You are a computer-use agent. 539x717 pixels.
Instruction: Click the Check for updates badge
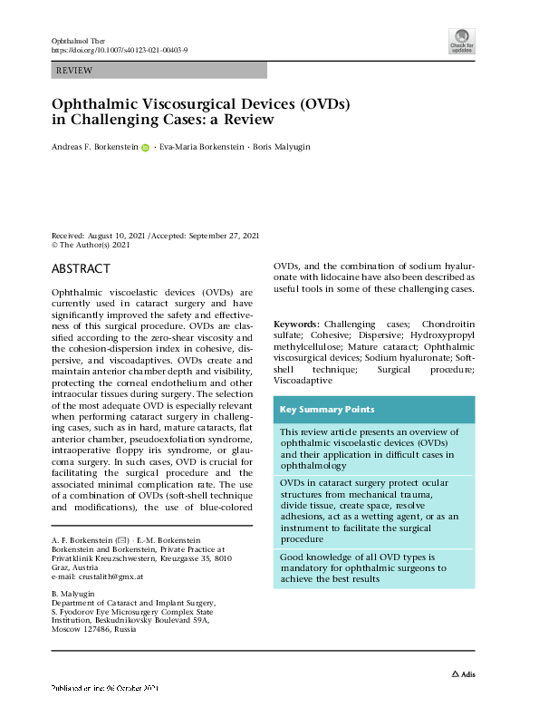tap(461, 42)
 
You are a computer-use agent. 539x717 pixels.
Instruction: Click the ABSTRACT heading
tap(82, 269)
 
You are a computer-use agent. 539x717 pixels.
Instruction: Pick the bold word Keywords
tap(296, 324)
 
